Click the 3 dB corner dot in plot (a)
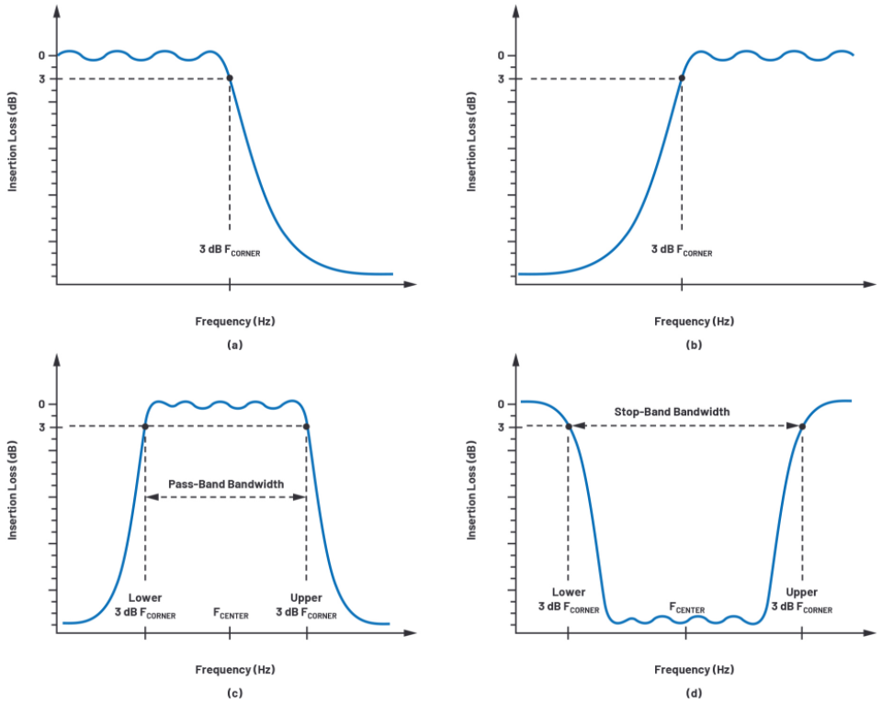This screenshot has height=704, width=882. click(230, 78)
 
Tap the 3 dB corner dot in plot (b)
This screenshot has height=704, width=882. click(682, 78)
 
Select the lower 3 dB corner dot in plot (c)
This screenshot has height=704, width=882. click(145, 426)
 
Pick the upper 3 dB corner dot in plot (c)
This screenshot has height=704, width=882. click(307, 426)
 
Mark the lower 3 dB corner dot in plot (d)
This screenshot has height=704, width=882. click(569, 426)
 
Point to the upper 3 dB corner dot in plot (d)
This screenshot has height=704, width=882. click(802, 426)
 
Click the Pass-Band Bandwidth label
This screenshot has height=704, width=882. click(226, 484)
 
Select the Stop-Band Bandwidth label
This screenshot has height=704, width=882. click(672, 412)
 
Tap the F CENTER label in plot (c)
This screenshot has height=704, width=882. click(231, 613)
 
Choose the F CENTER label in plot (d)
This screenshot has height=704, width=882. click(687, 607)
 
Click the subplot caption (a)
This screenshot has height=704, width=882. click(235, 345)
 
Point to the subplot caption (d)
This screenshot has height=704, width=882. click(695, 693)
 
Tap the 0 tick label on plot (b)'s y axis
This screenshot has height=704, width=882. click(502, 56)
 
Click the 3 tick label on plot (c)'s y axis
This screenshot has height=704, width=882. click(41, 427)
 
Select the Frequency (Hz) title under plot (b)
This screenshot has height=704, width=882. click(695, 322)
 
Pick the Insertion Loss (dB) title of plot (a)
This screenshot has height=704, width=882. click(12, 142)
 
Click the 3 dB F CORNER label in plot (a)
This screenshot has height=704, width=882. click(230, 250)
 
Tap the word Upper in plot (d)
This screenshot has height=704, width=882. click(801, 592)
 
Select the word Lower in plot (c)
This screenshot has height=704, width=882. click(145, 597)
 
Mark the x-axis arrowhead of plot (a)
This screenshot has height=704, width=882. click(411, 284)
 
